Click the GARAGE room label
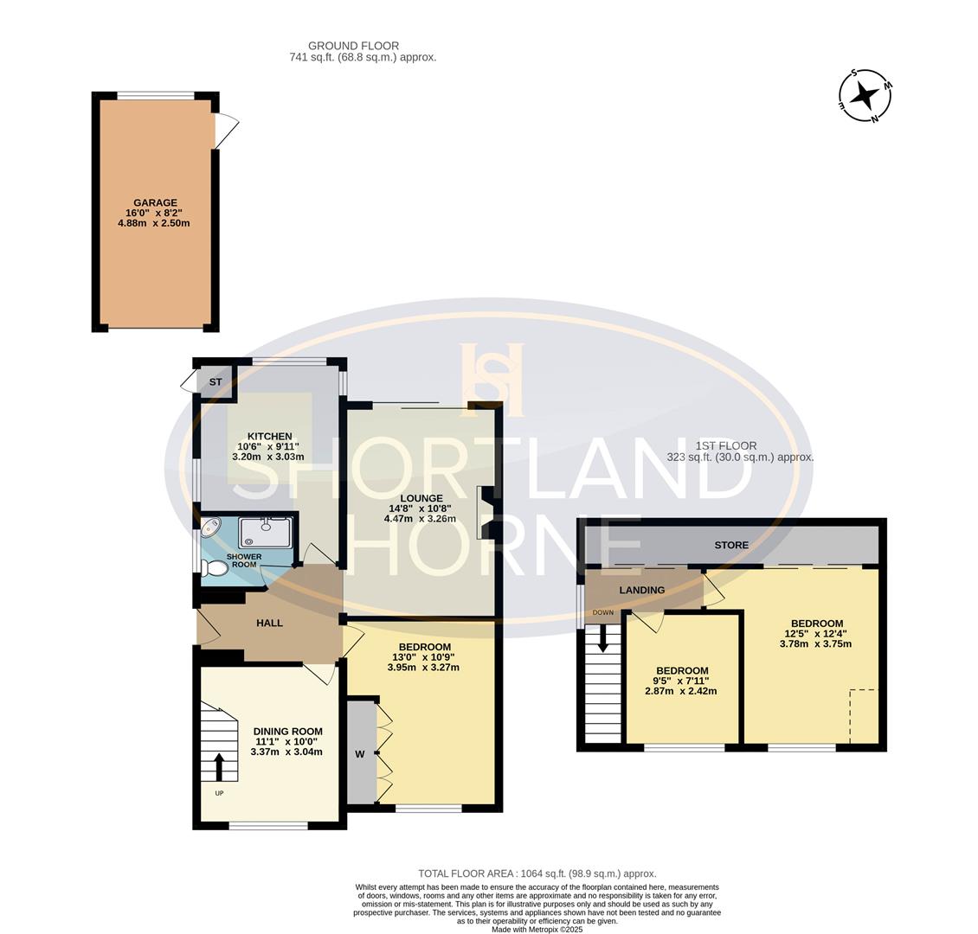click(x=155, y=203)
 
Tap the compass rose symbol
click(x=865, y=95)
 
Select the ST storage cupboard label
click(x=216, y=381)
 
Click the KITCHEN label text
click(x=269, y=436)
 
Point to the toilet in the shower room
click(x=214, y=567)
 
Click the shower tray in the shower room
click(x=266, y=533)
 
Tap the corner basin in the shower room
click(x=210, y=528)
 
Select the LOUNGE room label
click(x=421, y=498)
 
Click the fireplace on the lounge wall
click(x=486, y=513)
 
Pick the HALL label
click(x=269, y=623)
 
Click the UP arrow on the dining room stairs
click(x=218, y=766)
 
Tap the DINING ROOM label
click(x=287, y=731)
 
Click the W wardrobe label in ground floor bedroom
click(x=359, y=754)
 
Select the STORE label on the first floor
click(x=731, y=545)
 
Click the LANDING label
click(x=641, y=590)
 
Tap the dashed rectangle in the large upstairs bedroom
click(x=863, y=716)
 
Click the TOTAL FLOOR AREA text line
click(x=537, y=873)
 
